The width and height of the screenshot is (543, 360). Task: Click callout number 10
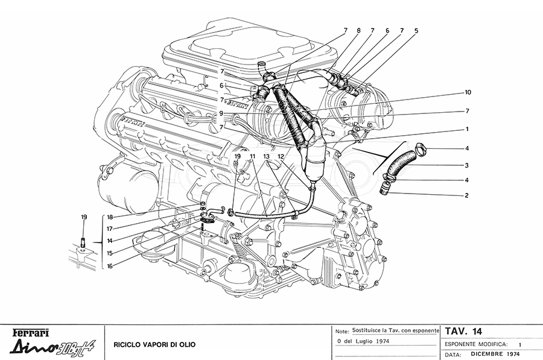(468, 92)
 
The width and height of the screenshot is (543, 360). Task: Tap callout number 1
(466, 129)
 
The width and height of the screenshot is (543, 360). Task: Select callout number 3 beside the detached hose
(466, 165)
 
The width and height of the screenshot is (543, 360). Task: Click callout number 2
(466, 195)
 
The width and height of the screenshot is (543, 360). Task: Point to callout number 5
(416, 30)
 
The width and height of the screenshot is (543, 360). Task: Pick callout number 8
(358, 30)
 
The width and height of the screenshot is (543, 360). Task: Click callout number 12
(280, 156)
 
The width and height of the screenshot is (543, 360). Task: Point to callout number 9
(222, 113)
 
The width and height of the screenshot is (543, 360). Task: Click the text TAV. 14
(464, 331)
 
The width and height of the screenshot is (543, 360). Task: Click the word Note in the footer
(341, 332)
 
